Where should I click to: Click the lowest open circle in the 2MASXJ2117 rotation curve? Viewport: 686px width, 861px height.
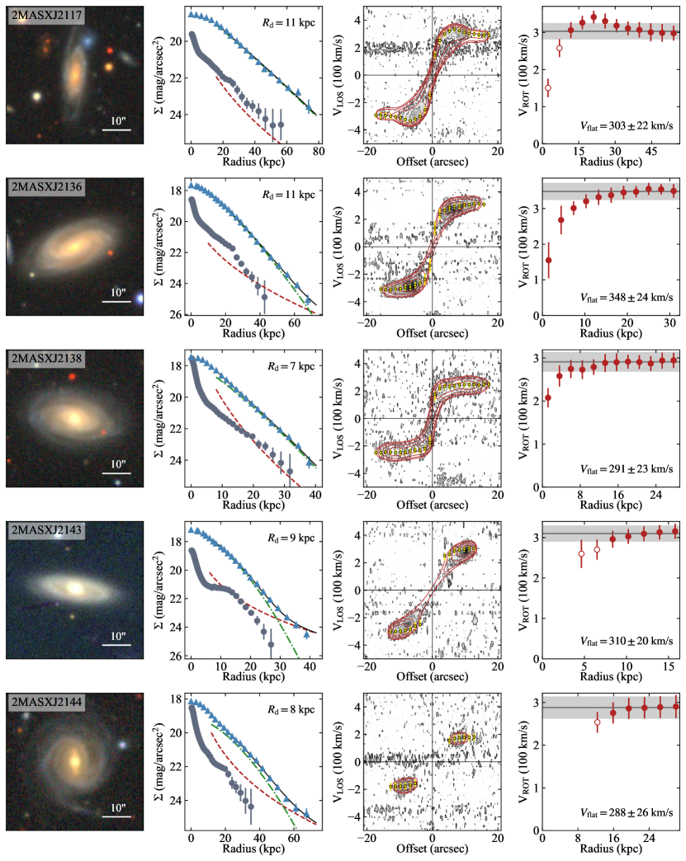point(547,87)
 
